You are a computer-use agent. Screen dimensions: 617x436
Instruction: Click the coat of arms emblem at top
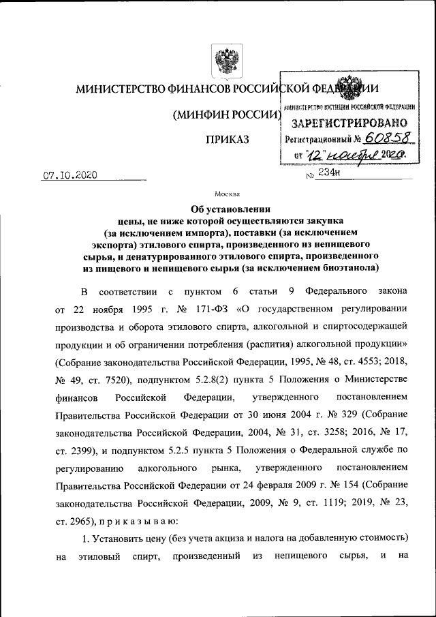(x=221, y=61)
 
